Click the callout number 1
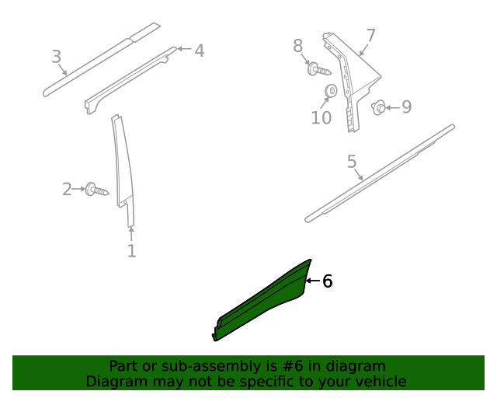pyautogui.click(x=131, y=251)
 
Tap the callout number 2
pyautogui.click(x=67, y=189)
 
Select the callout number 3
pyautogui.click(x=56, y=57)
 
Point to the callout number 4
pyautogui.click(x=200, y=51)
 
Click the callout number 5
pyautogui.click(x=352, y=162)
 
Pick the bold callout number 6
pyautogui.click(x=327, y=281)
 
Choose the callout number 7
pyautogui.click(x=370, y=36)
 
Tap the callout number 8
pyautogui.click(x=298, y=47)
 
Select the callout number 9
pyautogui.click(x=406, y=107)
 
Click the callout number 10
pyautogui.click(x=321, y=118)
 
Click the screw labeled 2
pyautogui.click(x=97, y=189)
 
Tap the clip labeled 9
pyautogui.click(x=379, y=107)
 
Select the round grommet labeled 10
pyautogui.click(x=329, y=92)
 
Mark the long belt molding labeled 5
pyautogui.click(x=381, y=173)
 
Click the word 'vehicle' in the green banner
pyautogui.click(x=378, y=381)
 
